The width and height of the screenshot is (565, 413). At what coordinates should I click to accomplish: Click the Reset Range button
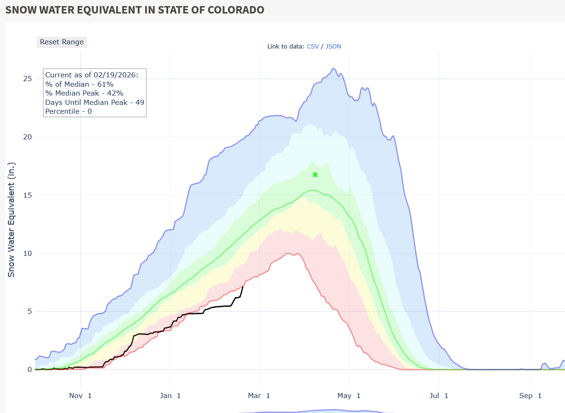click(62, 42)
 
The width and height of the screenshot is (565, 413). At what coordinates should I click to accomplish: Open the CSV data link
click(313, 46)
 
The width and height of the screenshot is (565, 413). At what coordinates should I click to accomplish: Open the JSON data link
click(333, 46)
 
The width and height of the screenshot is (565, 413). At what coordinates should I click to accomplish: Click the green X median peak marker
click(315, 175)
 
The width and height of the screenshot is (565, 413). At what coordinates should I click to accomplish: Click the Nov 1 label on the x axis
click(80, 396)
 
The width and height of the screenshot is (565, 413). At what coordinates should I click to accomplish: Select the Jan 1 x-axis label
click(170, 396)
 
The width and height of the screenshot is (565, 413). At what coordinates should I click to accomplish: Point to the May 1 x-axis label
click(349, 396)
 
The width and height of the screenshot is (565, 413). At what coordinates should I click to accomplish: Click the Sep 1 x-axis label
click(530, 396)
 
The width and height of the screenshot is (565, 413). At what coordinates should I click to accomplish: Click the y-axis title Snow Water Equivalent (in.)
click(12, 220)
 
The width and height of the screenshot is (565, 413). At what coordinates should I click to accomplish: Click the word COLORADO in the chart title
click(231, 10)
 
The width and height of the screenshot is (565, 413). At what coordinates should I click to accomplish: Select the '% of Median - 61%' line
click(79, 84)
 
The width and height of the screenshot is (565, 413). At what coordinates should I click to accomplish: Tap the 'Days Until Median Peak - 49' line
click(95, 102)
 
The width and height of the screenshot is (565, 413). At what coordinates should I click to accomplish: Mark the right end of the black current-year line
click(243, 286)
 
